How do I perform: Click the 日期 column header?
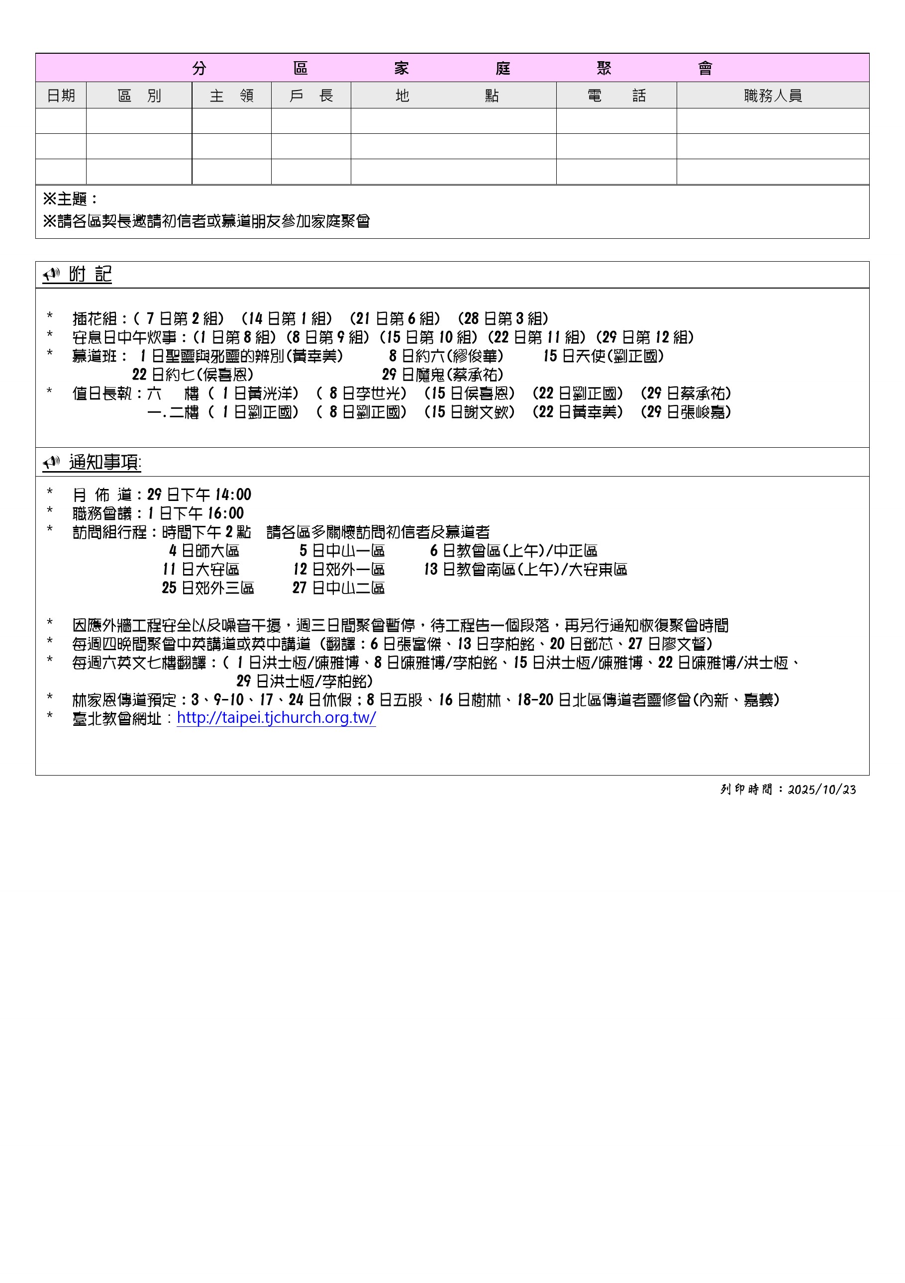tap(61, 96)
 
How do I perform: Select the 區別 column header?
tap(139, 96)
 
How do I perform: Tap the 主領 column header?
tap(231, 96)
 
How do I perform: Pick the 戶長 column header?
tap(311, 96)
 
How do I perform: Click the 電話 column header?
tap(616, 96)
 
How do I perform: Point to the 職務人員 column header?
tap(773, 96)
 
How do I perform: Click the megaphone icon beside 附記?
tap(51, 275)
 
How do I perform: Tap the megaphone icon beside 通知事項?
tap(51, 462)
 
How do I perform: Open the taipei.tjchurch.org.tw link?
tap(276, 717)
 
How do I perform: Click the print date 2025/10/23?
tap(822, 790)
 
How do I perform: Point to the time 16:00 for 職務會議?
tap(226, 513)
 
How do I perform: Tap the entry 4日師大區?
tap(204, 550)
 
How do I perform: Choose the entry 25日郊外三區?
tap(208, 588)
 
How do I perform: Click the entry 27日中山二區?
tap(338, 588)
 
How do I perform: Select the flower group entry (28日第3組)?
tap(503, 318)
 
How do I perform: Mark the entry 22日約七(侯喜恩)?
tap(193, 375)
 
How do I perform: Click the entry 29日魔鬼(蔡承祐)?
tap(443, 375)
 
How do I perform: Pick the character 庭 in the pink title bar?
tap(503, 68)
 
